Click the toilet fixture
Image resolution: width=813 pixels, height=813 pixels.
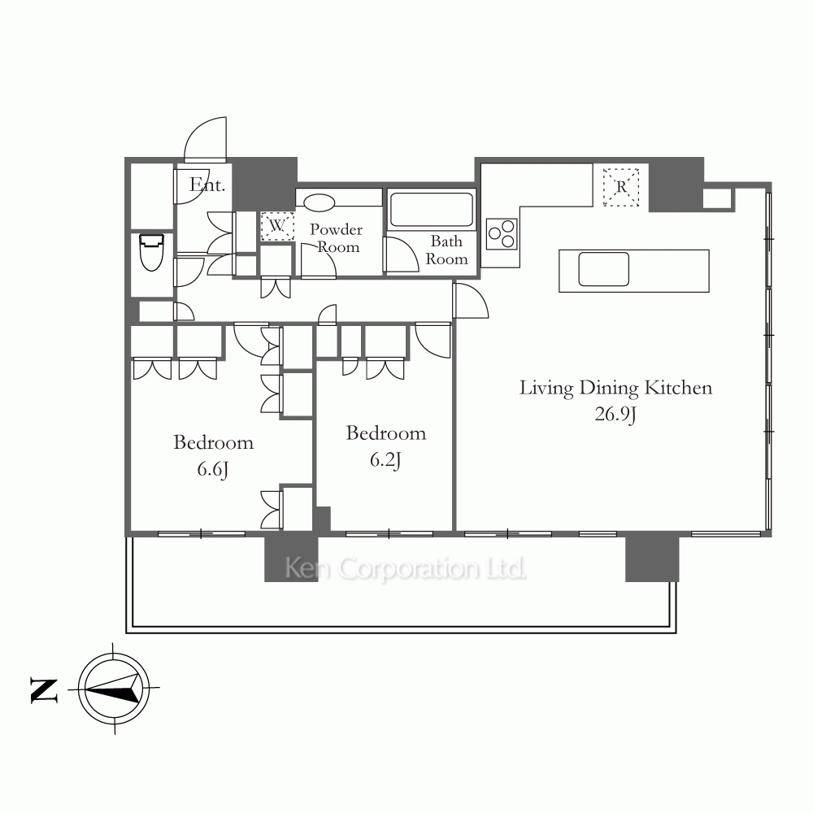click(151, 252)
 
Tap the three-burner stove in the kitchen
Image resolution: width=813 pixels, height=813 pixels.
click(502, 234)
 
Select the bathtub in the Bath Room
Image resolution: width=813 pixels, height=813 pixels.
click(431, 210)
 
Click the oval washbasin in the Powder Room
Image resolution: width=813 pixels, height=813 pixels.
click(319, 202)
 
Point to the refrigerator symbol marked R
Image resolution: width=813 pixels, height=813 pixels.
click(621, 187)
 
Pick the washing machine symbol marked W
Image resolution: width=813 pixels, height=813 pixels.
click(277, 226)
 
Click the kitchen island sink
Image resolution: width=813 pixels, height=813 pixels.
click(603, 269)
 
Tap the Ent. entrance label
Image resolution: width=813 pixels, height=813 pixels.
click(207, 185)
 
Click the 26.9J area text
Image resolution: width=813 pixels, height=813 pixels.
click(615, 415)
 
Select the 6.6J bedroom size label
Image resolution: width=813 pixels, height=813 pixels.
click(213, 469)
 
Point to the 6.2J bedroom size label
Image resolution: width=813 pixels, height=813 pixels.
click(385, 460)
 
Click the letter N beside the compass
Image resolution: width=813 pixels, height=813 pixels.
click(44, 690)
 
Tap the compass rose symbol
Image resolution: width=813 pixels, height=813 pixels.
click(114, 688)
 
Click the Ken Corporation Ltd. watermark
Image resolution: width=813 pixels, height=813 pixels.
click(406, 568)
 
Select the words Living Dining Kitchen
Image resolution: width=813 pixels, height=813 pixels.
click(616, 388)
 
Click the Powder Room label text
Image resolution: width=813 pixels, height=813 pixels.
click(336, 238)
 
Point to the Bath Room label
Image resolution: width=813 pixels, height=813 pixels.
click(446, 250)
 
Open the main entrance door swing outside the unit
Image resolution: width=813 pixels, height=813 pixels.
click(207, 138)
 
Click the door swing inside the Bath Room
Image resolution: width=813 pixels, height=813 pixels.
click(401, 254)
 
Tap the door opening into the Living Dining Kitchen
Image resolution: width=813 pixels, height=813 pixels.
click(471, 300)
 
